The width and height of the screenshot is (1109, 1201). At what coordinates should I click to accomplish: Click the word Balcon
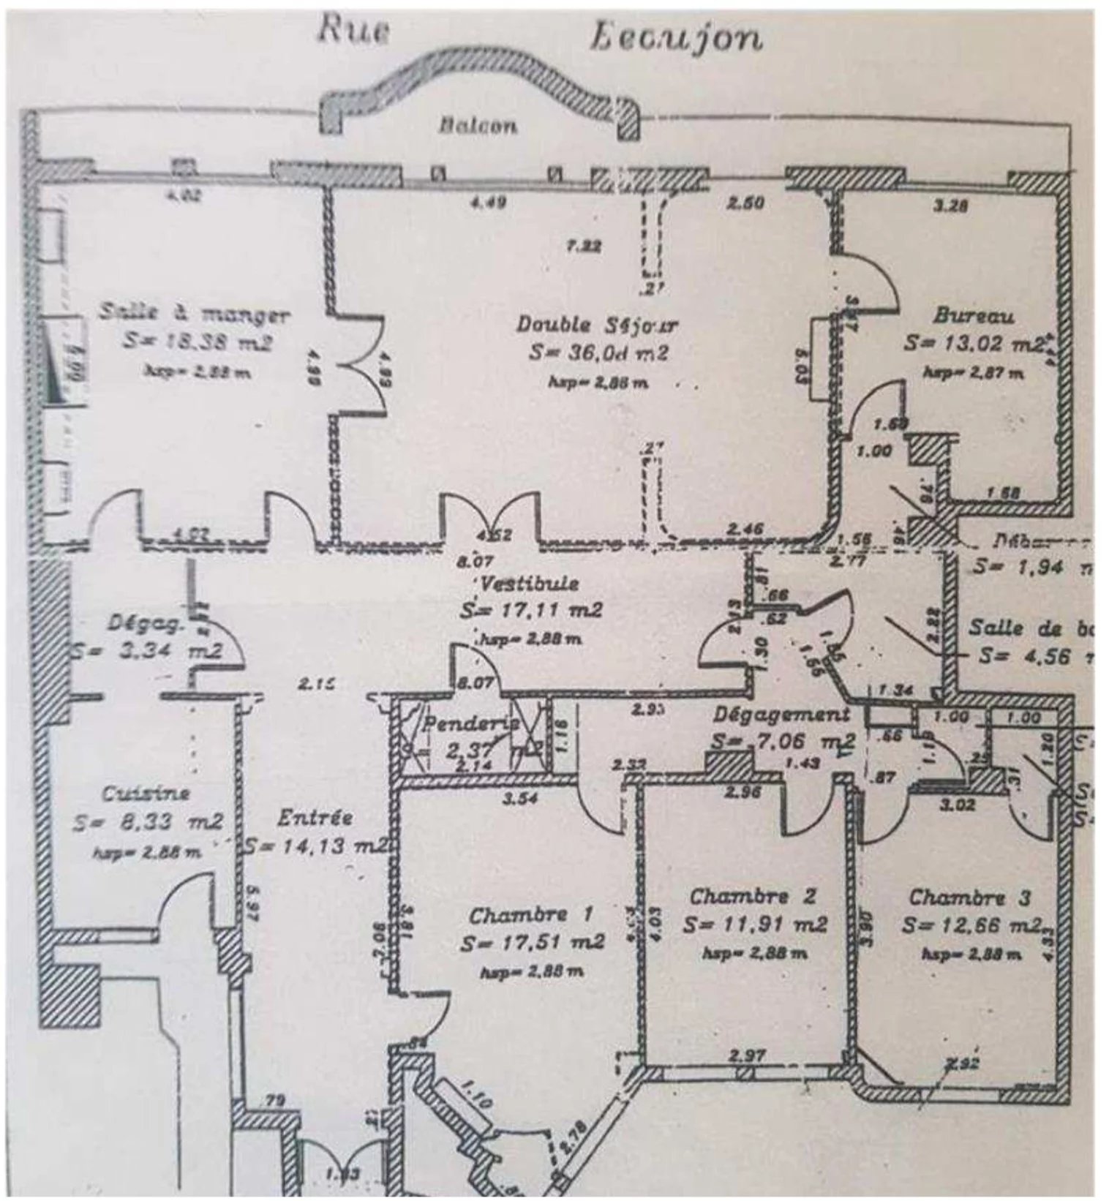click(x=478, y=126)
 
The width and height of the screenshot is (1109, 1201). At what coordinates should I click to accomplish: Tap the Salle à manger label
click(x=195, y=315)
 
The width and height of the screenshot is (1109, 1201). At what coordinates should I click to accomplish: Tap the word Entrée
click(x=315, y=818)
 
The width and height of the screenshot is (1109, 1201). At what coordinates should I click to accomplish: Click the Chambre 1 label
click(x=531, y=914)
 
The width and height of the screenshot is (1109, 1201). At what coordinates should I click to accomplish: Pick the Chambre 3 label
click(x=969, y=897)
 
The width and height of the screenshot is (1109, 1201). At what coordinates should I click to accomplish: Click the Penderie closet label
click(x=471, y=725)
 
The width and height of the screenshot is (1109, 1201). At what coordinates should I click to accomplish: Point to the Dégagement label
click(x=782, y=715)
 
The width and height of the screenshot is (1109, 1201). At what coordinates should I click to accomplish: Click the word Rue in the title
click(x=353, y=33)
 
